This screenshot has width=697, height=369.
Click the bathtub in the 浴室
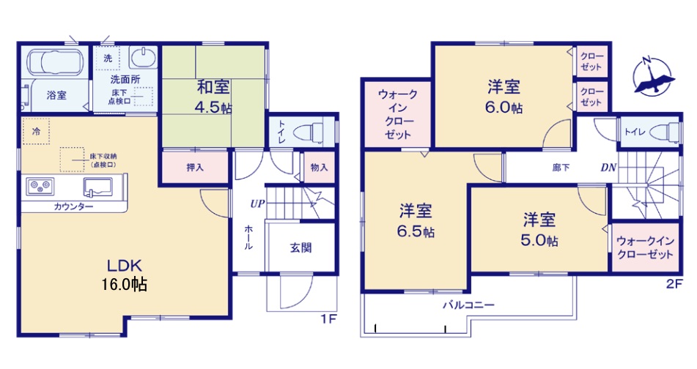(56, 63)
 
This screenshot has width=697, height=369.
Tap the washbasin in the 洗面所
(143, 58)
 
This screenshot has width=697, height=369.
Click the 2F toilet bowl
(664, 132)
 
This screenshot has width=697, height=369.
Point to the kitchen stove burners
(40, 187)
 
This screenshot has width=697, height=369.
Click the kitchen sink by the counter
(97, 187)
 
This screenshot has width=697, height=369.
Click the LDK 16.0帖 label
(125, 275)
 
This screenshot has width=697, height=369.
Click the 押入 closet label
(195, 168)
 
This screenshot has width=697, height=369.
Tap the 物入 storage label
(319, 168)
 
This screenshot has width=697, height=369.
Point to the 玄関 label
(301, 247)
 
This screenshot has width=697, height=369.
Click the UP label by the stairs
(257, 204)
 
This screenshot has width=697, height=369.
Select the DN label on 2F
(608, 168)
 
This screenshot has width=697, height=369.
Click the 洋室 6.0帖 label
(504, 97)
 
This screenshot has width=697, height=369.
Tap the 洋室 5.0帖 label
(539, 230)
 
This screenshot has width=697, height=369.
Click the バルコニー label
(468, 305)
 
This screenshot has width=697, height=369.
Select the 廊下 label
(561, 168)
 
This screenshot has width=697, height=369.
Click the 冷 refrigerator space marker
(36, 131)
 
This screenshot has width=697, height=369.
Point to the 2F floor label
(674, 284)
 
